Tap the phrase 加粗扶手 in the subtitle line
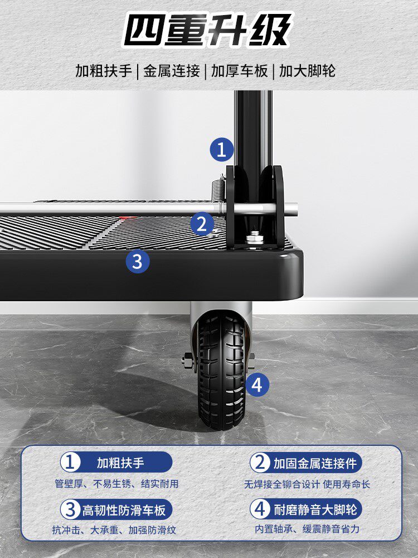pos(104,71)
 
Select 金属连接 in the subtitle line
pos(171,71)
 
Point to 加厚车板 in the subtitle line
pos(239,71)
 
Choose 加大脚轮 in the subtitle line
pos(307,71)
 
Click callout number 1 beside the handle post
pos(221,150)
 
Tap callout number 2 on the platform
pos(202,224)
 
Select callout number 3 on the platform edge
pos(138,262)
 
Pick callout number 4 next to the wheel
pos(257,384)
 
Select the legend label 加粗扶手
pos(120,463)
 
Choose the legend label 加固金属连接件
pos(315,463)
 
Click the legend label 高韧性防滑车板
pos(124,511)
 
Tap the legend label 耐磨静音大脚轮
pos(315,509)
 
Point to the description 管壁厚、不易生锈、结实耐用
pos(116,484)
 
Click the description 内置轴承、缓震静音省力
pos(307,529)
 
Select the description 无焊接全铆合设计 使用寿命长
pos(307,484)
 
